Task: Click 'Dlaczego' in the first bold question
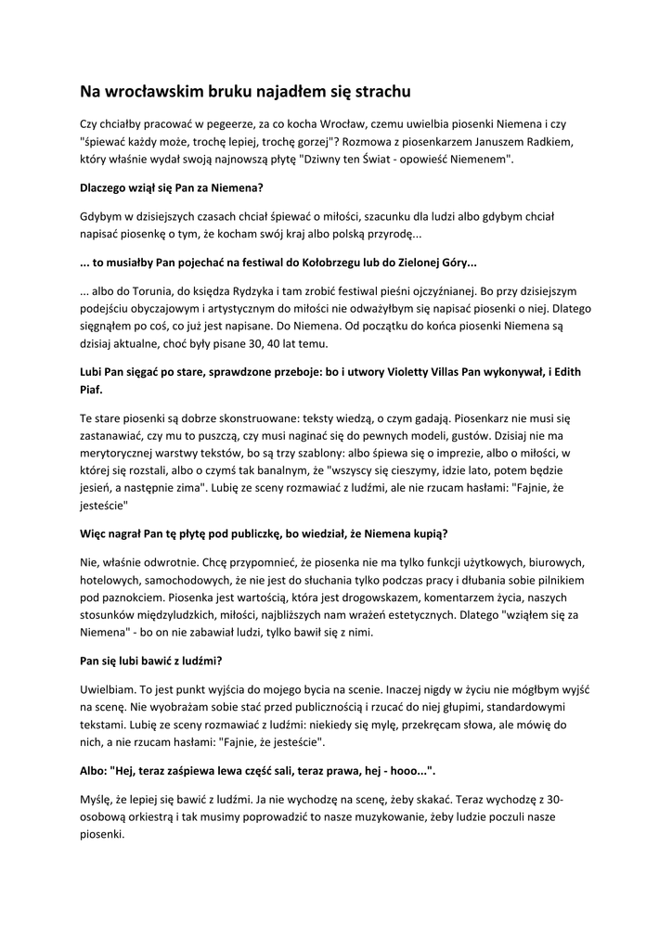(x=108, y=187)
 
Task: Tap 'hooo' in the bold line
(x=399, y=770)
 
